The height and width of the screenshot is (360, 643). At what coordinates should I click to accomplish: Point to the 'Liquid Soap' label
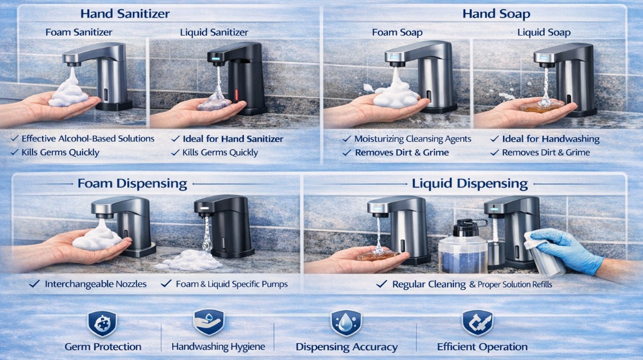tap(544, 33)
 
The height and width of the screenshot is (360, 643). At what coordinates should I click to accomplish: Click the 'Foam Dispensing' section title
tap(132, 184)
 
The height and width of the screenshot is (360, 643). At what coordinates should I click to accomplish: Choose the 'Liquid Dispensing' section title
tap(470, 184)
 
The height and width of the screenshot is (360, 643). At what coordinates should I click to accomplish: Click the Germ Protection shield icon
tap(102, 323)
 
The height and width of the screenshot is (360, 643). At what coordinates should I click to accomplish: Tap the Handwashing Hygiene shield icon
tap(209, 322)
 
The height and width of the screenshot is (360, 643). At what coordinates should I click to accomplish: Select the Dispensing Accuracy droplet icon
tap(346, 323)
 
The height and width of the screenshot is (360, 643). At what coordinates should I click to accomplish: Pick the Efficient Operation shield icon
tap(470, 323)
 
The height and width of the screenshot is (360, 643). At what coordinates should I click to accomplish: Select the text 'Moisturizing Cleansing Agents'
tap(412, 139)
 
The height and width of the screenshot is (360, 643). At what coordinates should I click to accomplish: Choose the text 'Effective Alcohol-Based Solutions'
tap(88, 139)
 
